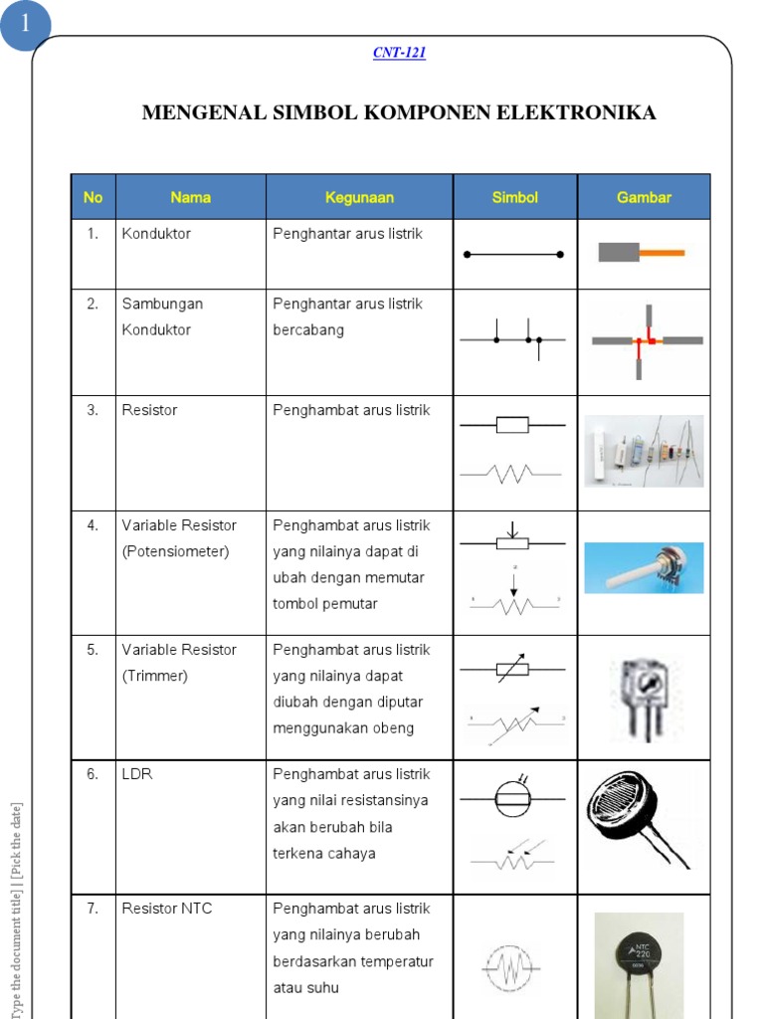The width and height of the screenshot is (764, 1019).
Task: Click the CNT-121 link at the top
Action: pos(399,53)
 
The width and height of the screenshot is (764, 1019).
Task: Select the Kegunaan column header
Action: pos(359,197)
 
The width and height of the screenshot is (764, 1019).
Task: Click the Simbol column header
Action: pos(514,197)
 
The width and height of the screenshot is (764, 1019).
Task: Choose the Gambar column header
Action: pos(644,197)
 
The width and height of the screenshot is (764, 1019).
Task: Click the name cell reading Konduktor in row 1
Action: pos(156,234)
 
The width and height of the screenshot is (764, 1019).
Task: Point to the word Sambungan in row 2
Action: pos(162,304)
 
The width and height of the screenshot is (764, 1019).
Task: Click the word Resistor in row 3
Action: pos(150,410)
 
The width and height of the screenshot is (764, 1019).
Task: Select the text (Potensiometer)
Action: pos(175,551)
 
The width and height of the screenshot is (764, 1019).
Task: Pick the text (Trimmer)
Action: pos(154,676)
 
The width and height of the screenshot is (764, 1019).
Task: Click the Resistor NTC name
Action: pos(166,909)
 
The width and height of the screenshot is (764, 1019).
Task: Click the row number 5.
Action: pos(93,650)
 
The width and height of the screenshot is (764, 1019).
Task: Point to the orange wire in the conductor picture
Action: pos(662,253)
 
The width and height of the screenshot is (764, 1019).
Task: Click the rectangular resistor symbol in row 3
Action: pos(512,426)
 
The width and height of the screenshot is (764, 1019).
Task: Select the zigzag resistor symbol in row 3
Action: pos(512,474)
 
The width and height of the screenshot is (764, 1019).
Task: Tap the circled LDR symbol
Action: pos(512,798)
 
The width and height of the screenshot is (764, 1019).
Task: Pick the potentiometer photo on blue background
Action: pos(644,568)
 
